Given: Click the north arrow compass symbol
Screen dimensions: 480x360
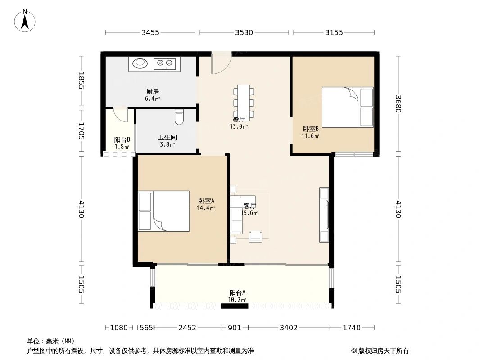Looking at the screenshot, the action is pyautogui.click(x=25, y=20).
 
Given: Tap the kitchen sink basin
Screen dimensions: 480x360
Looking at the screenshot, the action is pyautogui.click(x=140, y=63).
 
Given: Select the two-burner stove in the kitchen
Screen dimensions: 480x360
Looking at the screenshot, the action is pyautogui.click(x=165, y=63).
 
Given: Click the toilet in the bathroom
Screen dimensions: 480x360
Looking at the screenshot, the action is pyautogui.click(x=179, y=117).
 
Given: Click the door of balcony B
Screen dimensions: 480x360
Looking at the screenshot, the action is pyautogui.click(x=121, y=115).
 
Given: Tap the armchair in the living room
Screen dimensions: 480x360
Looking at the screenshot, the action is pyautogui.click(x=255, y=236).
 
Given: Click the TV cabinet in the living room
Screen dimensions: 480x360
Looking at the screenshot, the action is pyautogui.click(x=324, y=215).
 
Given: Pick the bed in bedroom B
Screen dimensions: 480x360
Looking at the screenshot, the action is pyautogui.click(x=348, y=107).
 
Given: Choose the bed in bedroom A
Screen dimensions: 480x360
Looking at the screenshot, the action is pyautogui.click(x=164, y=211).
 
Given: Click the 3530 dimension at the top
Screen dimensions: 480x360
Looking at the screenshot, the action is pyautogui.click(x=244, y=32).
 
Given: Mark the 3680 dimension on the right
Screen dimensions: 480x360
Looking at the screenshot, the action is pyautogui.click(x=398, y=104).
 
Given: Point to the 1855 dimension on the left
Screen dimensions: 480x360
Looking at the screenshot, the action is pyautogui.click(x=81, y=81).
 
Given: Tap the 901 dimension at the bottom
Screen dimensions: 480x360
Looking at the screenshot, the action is pyautogui.click(x=235, y=328).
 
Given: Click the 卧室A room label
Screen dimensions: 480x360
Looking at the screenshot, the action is pyautogui.click(x=206, y=201).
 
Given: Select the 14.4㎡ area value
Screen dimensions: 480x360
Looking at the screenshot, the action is pyautogui.click(x=206, y=208).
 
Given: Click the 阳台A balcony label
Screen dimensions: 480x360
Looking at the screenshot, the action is pyautogui.click(x=237, y=292).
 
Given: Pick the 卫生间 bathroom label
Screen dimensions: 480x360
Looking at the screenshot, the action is pyautogui.click(x=167, y=137).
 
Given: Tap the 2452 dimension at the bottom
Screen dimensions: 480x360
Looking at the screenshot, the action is pyautogui.click(x=187, y=328).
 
